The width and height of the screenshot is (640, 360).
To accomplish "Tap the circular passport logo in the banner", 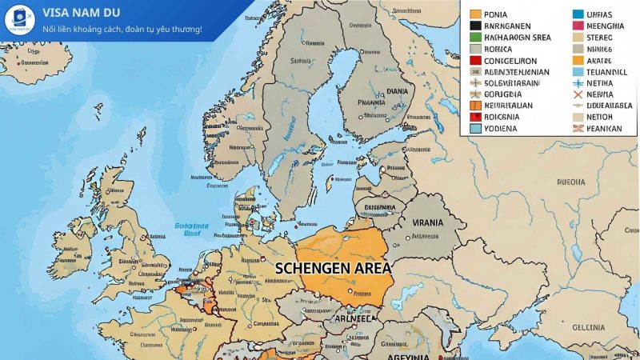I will point(19,20).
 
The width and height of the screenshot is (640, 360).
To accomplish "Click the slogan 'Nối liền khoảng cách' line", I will point(122,30).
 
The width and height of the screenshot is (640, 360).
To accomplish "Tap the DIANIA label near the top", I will point(397,91).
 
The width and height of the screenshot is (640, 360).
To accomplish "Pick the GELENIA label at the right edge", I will point(588,326).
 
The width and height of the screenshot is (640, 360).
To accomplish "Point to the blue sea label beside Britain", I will point(191,230).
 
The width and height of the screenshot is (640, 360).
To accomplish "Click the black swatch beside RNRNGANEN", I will point(475,25).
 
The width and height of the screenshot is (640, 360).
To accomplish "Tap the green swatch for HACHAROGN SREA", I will point(475,37).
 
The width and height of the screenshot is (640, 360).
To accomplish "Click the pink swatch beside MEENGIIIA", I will point(578,25).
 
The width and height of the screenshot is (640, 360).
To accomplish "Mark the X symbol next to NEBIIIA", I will point(578,94).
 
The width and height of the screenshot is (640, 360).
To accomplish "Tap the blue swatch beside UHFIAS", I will point(578,14).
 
